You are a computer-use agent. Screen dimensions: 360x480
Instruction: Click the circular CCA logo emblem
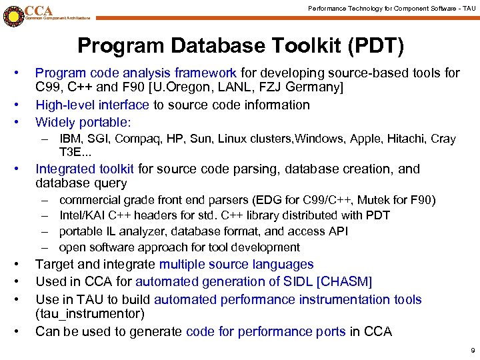coord(13,14)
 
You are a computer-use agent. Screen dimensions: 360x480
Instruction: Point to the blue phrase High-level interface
coord(92,105)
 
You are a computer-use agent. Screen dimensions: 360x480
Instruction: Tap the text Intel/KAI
coord(84,215)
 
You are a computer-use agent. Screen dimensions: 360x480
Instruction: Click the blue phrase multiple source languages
coord(236,265)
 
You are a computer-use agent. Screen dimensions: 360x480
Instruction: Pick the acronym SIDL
coord(299,282)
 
